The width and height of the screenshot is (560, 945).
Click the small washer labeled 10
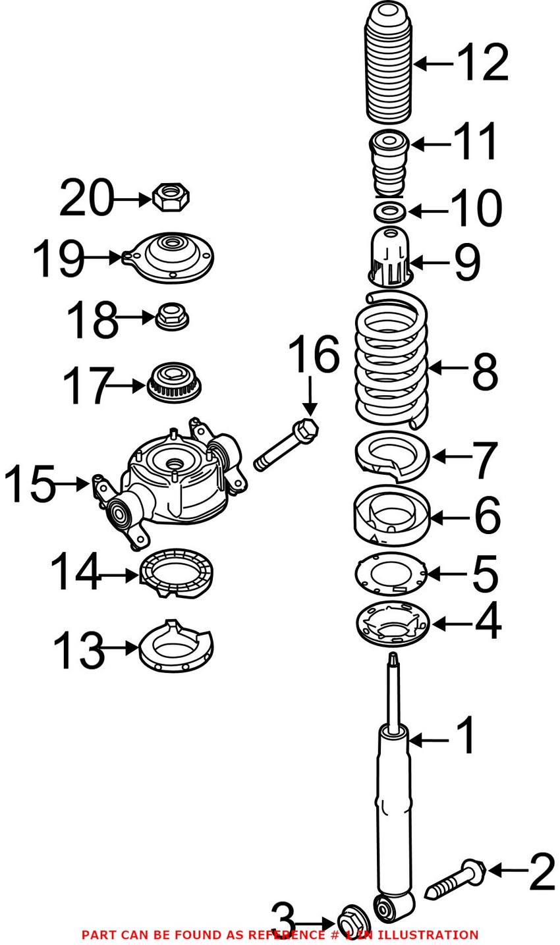coord(389,212)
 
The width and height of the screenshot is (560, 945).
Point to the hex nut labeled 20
coord(171,196)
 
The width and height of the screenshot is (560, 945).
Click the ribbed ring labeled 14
coord(177,573)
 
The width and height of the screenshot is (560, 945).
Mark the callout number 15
coord(30,484)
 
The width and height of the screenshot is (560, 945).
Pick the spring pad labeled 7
coord(391,456)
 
